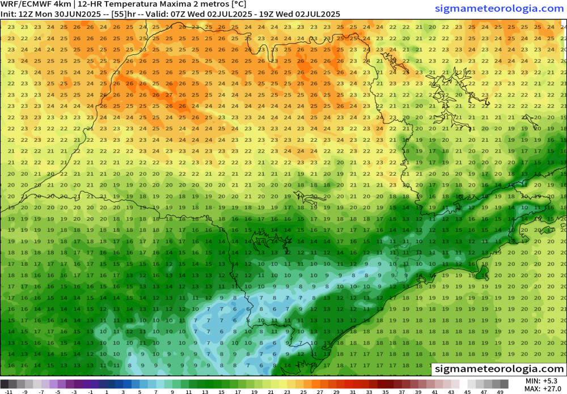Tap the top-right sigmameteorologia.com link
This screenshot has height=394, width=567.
click(x=500, y=8)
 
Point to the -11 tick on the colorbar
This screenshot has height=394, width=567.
click(x=9, y=392)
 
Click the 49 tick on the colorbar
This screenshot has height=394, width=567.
click(x=500, y=392)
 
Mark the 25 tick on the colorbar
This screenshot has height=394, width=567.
click(x=303, y=392)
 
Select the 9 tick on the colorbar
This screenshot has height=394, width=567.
click(x=172, y=392)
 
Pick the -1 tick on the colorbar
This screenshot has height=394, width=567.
click(x=91, y=392)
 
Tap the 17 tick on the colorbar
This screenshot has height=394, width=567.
click(x=238, y=392)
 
